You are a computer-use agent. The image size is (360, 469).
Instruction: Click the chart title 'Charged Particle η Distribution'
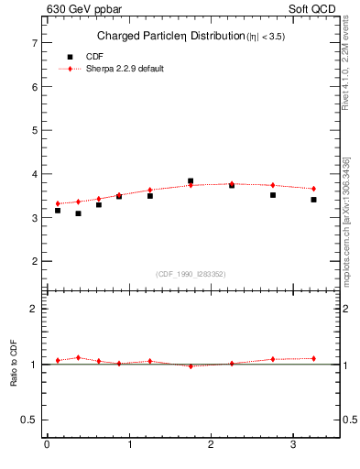click(169, 37)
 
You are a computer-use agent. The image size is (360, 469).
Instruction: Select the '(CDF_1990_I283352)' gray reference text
click(191, 273)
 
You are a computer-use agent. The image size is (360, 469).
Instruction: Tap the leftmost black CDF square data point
click(58, 211)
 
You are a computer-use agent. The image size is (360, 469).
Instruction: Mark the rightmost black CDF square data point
click(313, 200)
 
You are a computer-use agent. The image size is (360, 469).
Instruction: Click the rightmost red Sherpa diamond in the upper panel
click(313, 189)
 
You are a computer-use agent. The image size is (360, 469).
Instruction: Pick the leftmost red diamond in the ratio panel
click(58, 360)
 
